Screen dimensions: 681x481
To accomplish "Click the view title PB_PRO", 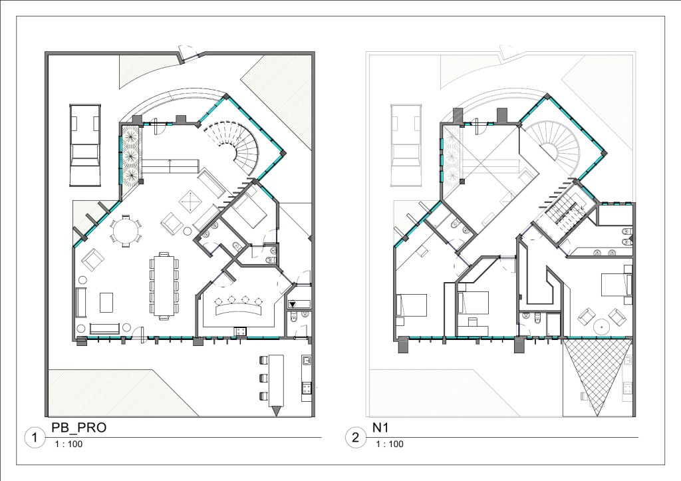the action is [78, 428].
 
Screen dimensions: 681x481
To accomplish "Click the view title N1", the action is [380, 428].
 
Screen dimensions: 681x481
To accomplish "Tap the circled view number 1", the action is [35, 438].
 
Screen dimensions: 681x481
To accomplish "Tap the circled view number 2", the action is [355, 438].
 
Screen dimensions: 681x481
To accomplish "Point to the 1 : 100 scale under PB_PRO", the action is [68, 444].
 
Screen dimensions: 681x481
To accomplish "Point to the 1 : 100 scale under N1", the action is [390, 444].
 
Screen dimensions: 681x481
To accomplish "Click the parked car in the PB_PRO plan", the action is [85, 146].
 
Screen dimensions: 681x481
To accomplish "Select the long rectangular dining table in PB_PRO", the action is [164, 285].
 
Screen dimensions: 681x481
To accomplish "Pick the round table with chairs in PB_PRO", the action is [126, 230].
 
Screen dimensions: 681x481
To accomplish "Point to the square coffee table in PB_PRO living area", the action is [191, 201].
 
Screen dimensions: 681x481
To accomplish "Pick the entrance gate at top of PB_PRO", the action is [190, 53].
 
